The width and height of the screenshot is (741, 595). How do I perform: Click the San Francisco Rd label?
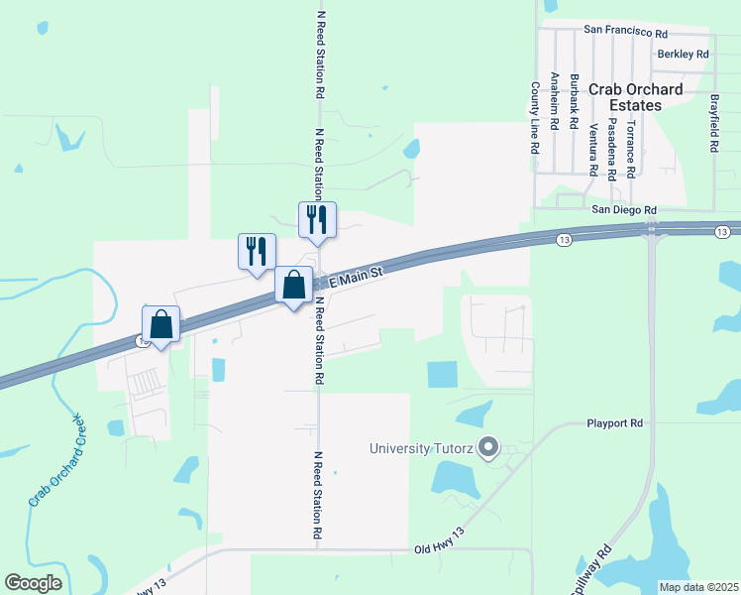tap(625, 31)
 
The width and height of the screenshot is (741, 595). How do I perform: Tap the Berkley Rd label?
tap(683, 54)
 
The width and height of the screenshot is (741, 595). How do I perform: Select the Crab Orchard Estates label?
tap(635, 97)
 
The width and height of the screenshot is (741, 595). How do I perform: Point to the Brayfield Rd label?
tap(713, 123)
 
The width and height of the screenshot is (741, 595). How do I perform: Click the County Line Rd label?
tap(534, 117)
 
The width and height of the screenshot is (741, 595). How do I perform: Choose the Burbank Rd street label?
tap(574, 102)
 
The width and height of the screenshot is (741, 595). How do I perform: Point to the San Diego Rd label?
tap(624, 210)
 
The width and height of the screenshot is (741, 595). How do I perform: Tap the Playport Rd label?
tap(614, 423)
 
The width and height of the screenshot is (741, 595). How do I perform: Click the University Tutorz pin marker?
tap(486, 448)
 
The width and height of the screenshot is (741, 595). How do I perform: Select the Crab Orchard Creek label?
tap(56, 466)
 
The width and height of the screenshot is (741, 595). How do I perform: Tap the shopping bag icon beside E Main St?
tap(294, 287)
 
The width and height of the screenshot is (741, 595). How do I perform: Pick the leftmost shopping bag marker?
tap(160, 323)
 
